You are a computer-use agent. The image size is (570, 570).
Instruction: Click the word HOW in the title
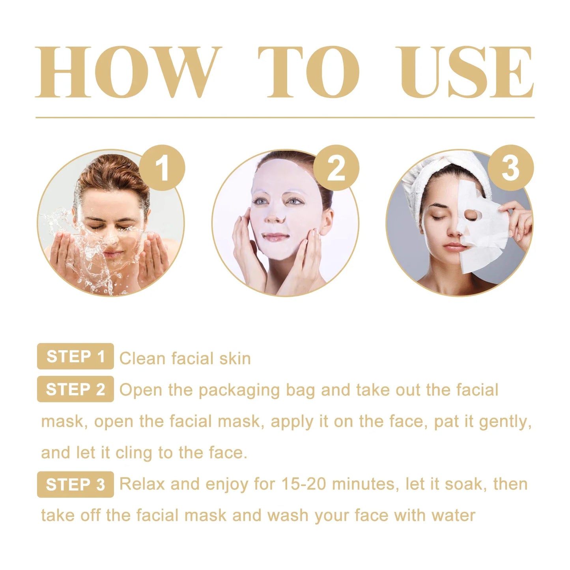(127, 72)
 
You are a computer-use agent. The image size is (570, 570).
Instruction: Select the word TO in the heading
(309, 72)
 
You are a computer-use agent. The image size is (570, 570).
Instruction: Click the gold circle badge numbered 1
(162, 168)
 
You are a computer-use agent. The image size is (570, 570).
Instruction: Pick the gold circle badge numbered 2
(336, 168)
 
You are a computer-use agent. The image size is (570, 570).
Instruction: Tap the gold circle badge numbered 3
(510, 168)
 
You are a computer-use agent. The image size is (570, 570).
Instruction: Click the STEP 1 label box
(75, 356)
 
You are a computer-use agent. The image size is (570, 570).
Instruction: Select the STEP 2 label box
(75, 389)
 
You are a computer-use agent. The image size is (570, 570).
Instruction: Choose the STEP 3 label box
(75, 484)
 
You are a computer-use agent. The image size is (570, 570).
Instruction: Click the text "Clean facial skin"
(185, 359)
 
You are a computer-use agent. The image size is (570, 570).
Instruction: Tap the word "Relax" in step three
(142, 484)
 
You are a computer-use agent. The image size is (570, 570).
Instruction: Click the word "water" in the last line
(453, 516)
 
